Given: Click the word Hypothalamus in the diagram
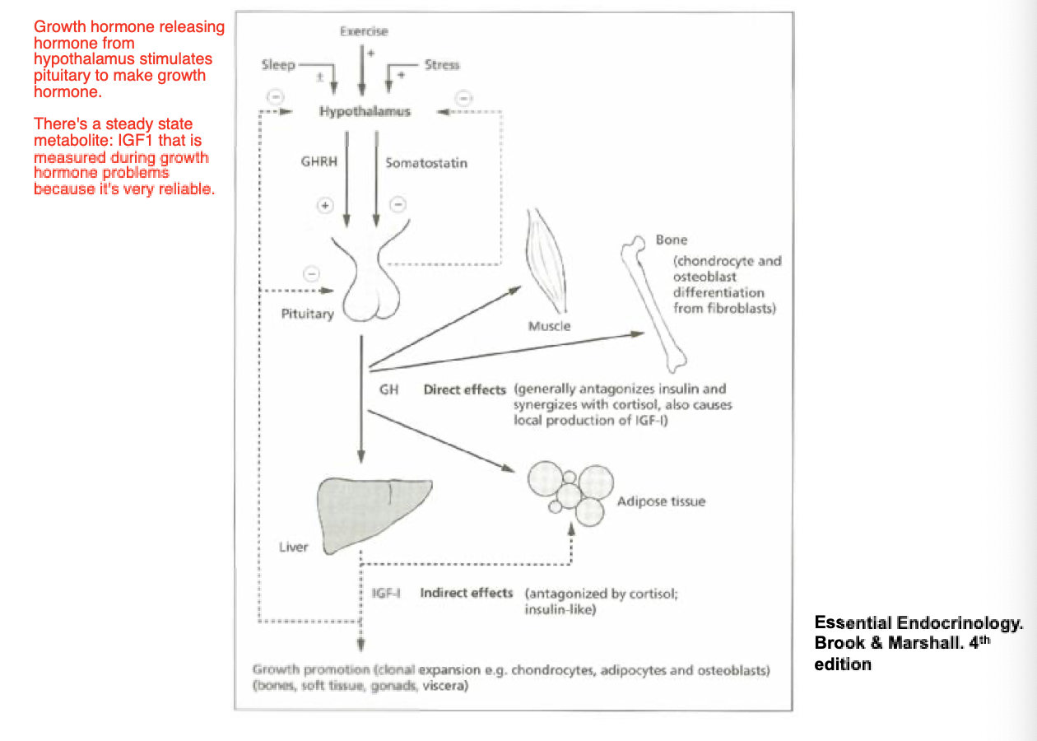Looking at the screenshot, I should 365,111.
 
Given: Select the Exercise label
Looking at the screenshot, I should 363,31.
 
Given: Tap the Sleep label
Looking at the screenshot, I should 278,64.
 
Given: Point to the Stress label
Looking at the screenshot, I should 442,64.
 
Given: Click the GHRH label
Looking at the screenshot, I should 319,162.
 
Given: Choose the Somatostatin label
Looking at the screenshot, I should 425,162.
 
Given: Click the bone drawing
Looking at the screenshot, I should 658,301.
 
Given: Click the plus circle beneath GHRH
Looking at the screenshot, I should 326,206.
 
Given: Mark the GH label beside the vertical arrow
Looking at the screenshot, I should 388,389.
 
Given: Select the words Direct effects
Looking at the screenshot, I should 464,389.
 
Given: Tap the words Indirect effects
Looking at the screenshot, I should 466,593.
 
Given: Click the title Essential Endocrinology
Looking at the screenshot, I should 918,623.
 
